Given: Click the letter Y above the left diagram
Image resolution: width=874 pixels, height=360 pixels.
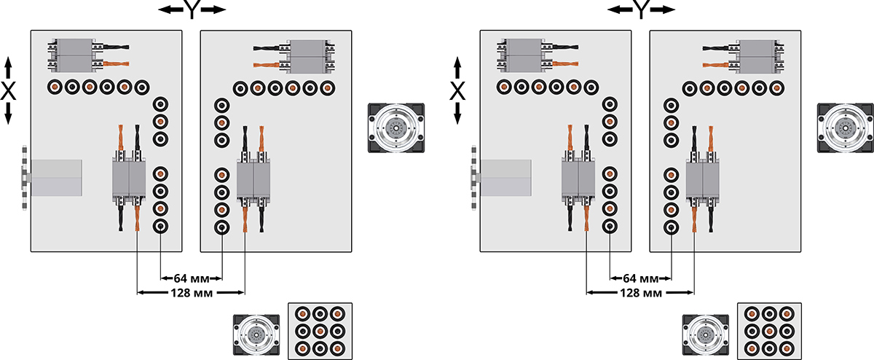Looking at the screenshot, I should click(x=190, y=10).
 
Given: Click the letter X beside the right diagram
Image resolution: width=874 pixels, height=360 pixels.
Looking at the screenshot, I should click(x=457, y=91).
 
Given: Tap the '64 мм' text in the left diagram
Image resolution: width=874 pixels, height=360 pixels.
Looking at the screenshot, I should click(x=191, y=278).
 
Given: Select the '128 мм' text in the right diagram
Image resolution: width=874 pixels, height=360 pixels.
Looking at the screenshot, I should click(x=639, y=293).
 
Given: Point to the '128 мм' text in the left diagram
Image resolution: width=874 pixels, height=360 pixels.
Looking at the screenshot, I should click(x=190, y=293).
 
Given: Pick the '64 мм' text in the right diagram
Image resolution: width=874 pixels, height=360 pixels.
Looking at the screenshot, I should click(x=640, y=278).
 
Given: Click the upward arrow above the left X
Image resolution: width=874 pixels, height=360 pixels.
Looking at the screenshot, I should click(x=9, y=68).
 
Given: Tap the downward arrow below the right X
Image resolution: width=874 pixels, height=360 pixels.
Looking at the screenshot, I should click(x=457, y=114).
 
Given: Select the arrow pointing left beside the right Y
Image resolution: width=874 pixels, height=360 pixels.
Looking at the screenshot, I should click(x=618, y=10).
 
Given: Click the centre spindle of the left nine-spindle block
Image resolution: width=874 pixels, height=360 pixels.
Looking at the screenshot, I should click(x=320, y=332).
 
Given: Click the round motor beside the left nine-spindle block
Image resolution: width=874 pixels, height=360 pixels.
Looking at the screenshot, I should click(x=256, y=335).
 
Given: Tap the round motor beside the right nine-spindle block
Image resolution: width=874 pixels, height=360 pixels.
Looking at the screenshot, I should click(x=706, y=335).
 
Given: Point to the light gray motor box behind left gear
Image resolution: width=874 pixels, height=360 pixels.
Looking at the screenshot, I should click(x=57, y=177).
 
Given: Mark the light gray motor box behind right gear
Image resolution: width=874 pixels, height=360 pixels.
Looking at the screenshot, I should click(x=506, y=177).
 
